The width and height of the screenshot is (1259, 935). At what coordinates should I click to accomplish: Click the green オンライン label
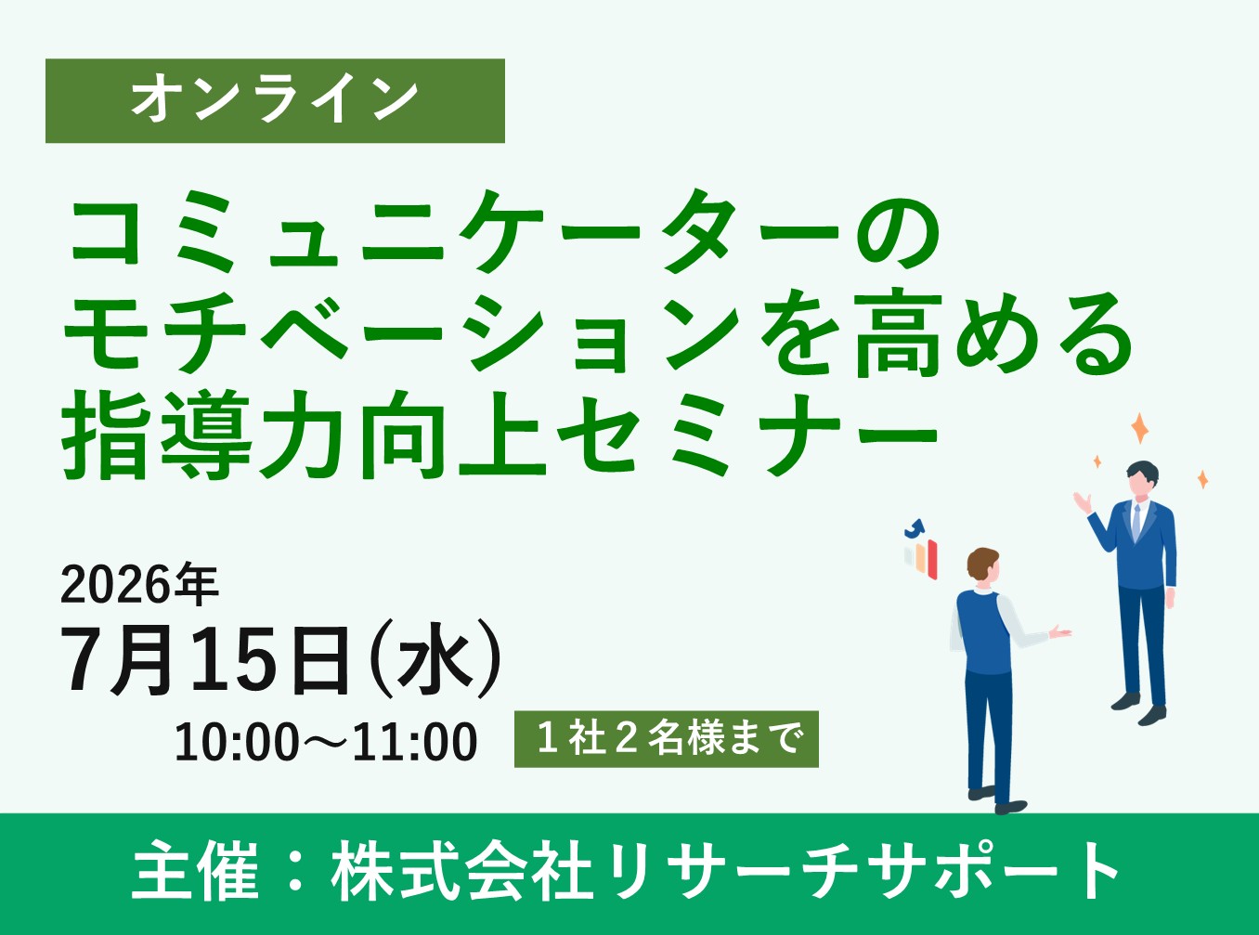275,100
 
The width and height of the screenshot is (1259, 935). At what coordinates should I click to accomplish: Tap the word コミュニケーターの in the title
504,232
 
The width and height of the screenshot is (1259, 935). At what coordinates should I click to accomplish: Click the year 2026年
139,585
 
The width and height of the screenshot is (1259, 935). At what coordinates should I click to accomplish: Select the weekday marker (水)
436,660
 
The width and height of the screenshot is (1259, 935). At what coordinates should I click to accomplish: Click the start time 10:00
237,743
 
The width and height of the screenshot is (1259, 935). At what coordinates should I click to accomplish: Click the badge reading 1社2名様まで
666,739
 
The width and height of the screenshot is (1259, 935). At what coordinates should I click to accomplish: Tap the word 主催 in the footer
196,872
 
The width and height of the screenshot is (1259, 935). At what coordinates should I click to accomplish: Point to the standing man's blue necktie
1136,524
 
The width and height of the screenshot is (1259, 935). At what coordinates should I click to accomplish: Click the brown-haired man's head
982,565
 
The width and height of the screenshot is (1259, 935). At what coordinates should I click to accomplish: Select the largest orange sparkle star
1139,429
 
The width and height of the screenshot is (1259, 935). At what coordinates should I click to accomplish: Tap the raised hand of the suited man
1082,502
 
